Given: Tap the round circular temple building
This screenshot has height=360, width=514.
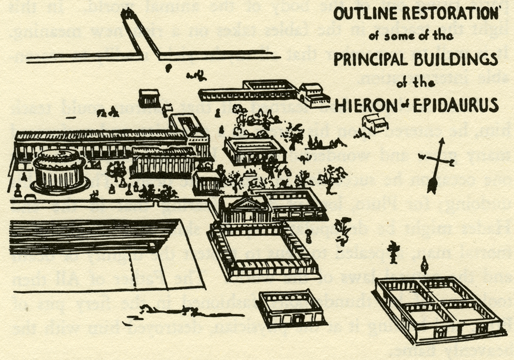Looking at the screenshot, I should pyautogui.click(x=59, y=169).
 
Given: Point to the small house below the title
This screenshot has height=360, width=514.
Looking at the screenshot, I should pyautogui.click(x=375, y=123).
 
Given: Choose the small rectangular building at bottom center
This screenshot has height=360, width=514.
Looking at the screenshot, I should pyautogui.click(x=291, y=308).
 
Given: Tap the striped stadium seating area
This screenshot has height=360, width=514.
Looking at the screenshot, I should pyautogui.click(x=90, y=236).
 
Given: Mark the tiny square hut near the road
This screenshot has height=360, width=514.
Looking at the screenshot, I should pyautogui.click(x=149, y=98).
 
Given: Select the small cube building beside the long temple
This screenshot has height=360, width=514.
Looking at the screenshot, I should pyautogui.click(x=207, y=182).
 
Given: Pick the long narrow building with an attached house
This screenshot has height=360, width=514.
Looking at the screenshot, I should pyautogui.click(x=262, y=91).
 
